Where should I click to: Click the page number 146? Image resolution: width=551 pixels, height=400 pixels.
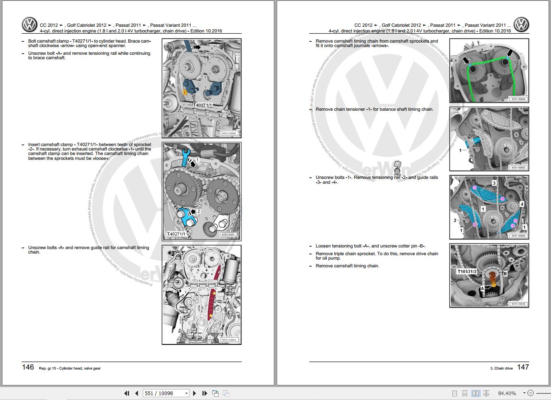(x=28, y=367)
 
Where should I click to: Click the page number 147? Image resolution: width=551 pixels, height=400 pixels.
(x=523, y=367)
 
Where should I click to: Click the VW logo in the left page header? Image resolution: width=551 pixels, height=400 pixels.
(x=30, y=25)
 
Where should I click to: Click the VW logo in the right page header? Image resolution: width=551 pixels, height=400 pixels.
(x=521, y=25)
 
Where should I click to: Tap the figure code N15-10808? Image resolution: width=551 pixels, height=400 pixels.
(x=229, y=133)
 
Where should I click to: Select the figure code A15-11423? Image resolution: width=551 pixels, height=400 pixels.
(x=228, y=235)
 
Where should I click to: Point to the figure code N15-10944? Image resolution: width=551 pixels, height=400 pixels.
(x=518, y=99)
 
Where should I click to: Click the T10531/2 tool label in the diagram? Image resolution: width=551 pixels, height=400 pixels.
(x=467, y=271)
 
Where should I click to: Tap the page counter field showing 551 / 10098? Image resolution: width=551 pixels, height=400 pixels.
(x=166, y=393)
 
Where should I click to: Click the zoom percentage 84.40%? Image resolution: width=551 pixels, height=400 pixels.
(x=507, y=393)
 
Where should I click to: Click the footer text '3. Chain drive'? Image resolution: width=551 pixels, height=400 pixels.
(x=501, y=368)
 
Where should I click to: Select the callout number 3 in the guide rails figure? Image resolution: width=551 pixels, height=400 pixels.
(x=494, y=183)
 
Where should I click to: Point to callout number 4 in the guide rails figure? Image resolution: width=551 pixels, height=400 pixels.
(x=522, y=204)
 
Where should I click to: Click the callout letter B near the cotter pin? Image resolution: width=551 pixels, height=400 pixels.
(x=505, y=273)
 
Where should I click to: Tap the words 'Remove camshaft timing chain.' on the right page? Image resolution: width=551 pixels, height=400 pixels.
(x=347, y=266)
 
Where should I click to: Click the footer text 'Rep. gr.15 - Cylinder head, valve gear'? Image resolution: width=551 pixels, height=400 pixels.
(x=70, y=368)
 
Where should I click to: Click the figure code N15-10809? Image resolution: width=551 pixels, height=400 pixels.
(x=229, y=340)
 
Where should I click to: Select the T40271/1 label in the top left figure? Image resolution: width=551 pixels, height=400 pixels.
(x=202, y=105)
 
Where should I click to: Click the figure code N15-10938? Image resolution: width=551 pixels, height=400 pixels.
(x=518, y=304)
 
